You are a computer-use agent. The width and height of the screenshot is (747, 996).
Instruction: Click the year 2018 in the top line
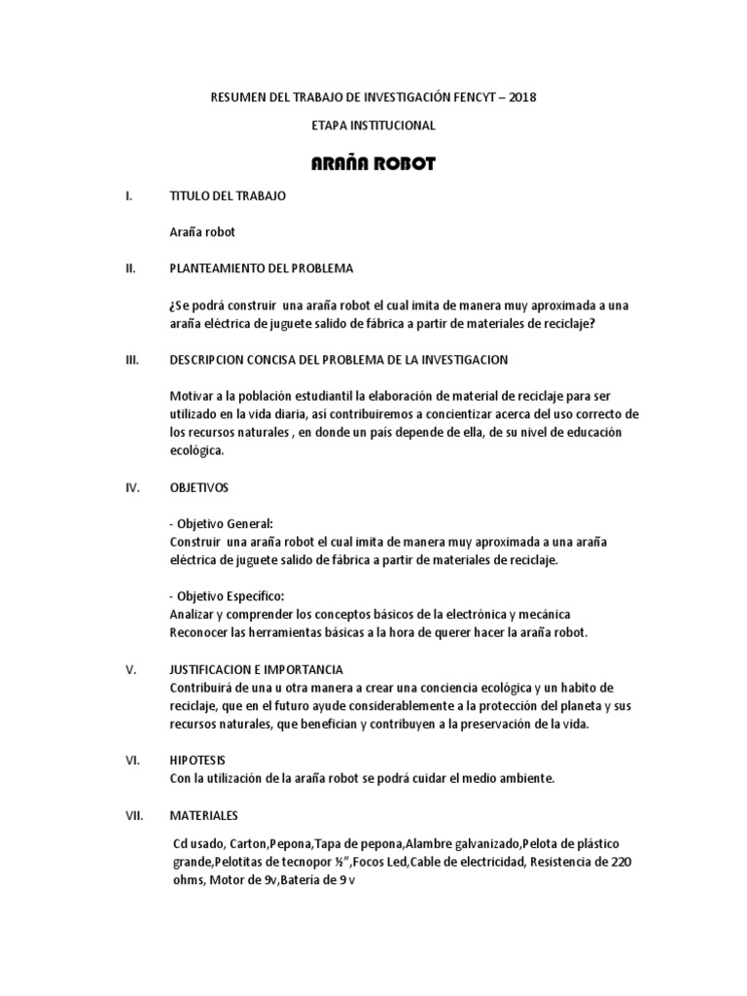point(520,97)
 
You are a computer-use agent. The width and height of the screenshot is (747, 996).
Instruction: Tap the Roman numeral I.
point(128,196)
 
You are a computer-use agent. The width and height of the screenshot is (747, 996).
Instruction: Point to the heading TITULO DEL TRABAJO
point(228,196)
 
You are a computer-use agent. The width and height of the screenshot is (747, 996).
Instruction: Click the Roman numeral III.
point(133,360)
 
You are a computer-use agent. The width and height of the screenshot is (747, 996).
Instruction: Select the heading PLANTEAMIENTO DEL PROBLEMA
point(262,267)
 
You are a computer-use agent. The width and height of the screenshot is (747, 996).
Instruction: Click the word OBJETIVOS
point(199,487)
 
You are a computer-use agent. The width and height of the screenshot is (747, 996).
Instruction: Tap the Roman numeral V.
point(130,670)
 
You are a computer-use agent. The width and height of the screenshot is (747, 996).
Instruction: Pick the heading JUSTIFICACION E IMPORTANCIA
point(255,670)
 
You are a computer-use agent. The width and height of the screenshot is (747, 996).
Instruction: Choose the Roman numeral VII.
point(134,815)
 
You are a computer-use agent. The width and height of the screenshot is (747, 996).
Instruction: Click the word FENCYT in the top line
point(462,97)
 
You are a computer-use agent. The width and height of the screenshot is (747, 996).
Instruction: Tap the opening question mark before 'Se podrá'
point(171,303)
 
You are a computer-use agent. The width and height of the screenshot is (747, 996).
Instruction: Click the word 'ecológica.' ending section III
point(196,450)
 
